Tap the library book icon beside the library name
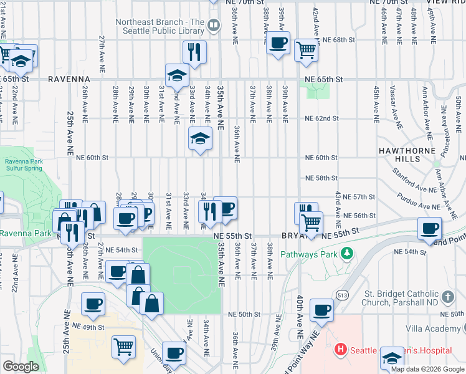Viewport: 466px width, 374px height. (214, 26)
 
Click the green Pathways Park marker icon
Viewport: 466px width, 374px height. (348, 254)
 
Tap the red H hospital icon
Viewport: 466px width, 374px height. (340, 350)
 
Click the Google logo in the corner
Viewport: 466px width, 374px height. (21, 366)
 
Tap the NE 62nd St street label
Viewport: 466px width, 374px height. (321, 118)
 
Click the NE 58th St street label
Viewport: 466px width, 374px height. (321, 178)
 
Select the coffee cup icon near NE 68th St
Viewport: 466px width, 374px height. (278, 44)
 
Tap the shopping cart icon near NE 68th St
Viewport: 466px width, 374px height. (306, 49)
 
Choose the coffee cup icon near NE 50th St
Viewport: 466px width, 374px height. (321, 310)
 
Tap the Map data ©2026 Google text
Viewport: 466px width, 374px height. (427, 369)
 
